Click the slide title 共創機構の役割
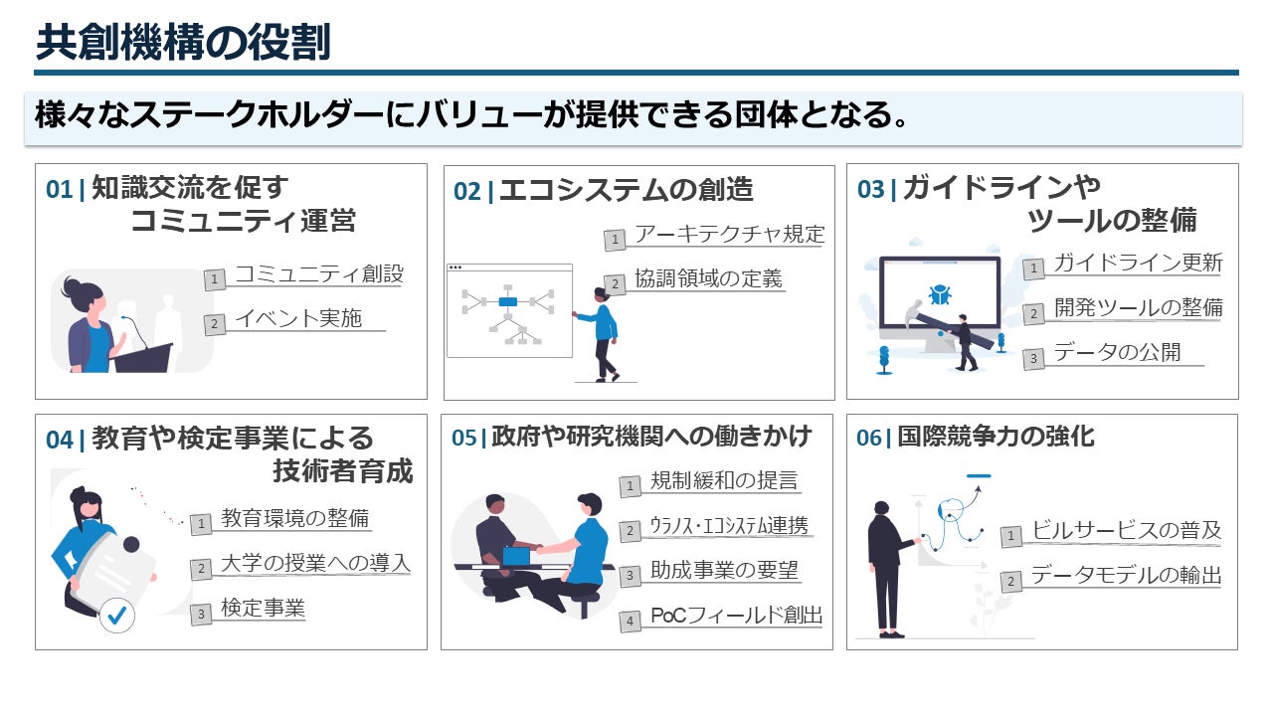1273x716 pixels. (x=183, y=43)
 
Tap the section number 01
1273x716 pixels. (x=60, y=189)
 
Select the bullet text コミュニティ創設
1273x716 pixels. (x=318, y=274)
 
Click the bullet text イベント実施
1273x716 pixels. (x=297, y=319)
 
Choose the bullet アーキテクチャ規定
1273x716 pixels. (x=729, y=235)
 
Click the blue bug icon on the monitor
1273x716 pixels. (x=939, y=294)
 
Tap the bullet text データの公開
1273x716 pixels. (x=1117, y=352)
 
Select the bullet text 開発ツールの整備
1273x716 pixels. (x=1138, y=307)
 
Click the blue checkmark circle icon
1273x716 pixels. (x=117, y=616)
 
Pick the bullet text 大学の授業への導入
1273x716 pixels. (x=315, y=564)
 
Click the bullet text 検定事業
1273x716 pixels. (x=263, y=608)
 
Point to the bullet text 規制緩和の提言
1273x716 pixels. (x=723, y=481)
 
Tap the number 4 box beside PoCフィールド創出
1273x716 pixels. (x=630, y=622)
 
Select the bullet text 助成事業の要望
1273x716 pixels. (x=724, y=571)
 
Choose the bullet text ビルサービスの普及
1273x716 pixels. (x=1126, y=530)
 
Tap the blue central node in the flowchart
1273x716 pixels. (x=507, y=300)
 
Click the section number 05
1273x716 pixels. (x=464, y=438)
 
